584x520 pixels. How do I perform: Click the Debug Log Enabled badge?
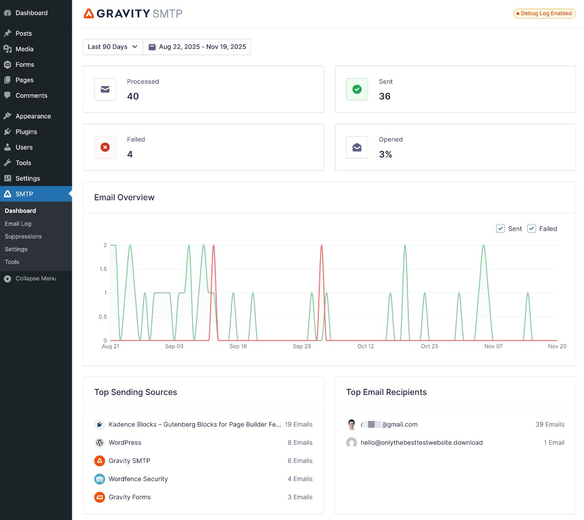pos(544,13)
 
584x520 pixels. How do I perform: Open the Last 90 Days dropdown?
pos(112,47)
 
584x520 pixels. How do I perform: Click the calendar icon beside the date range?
pos(152,47)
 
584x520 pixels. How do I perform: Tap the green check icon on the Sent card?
pos(357,90)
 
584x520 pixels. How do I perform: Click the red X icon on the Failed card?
pos(105,148)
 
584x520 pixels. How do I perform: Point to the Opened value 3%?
pos(385,154)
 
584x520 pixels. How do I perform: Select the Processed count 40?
pos(133,96)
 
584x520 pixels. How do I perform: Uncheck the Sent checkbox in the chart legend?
pos(501,229)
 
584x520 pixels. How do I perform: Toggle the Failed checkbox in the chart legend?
pos(532,229)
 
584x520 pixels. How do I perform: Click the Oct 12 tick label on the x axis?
pos(366,347)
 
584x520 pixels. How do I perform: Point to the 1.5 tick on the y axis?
pos(103,269)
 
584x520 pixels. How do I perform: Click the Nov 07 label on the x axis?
pos(493,347)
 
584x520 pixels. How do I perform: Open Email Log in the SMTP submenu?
pos(18,224)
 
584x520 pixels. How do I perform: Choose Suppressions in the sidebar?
pos(23,237)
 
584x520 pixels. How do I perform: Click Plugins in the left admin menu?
pos(26,132)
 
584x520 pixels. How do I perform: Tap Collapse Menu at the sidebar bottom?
pos(35,279)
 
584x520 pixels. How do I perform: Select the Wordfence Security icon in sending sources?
pos(100,479)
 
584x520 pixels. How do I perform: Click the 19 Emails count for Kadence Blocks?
pos(298,424)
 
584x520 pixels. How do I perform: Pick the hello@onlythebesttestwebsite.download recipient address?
pos(421,443)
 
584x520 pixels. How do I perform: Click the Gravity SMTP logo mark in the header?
pos(89,13)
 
